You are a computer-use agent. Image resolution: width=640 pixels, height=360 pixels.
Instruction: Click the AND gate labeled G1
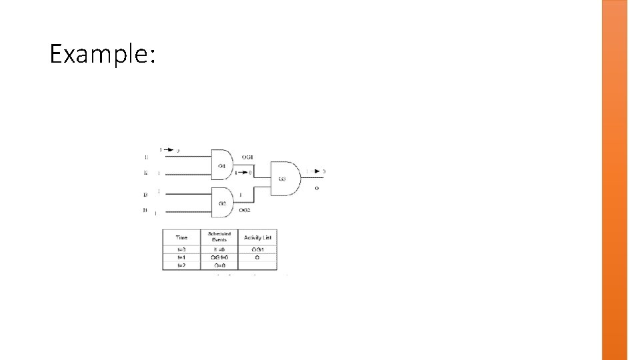(x=223, y=163)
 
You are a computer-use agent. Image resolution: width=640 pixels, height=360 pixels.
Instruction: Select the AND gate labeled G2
(x=223, y=202)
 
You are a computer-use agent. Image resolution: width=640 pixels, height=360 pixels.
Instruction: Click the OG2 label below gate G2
(x=245, y=211)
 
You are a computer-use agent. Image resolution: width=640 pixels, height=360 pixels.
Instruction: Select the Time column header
(x=181, y=237)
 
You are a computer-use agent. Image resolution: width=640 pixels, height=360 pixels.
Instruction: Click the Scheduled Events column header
(x=219, y=237)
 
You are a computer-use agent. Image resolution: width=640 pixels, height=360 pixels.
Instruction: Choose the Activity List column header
(x=257, y=237)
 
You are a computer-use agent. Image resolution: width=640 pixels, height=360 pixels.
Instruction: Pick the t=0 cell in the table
(x=181, y=250)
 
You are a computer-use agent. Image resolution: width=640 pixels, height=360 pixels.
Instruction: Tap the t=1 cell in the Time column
(x=181, y=257)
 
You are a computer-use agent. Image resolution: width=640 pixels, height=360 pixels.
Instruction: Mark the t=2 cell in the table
(x=181, y=265)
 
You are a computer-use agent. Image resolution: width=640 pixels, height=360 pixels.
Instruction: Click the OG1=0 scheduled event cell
(x=219, y=257)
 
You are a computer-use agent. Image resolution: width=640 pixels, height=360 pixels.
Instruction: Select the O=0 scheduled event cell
(x=219, y=265)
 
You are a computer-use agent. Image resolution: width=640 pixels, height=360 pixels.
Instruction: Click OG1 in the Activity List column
(x=257, y=250)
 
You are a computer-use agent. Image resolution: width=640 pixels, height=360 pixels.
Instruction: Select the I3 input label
(x=145, y=195)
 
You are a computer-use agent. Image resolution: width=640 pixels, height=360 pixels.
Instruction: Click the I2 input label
(x=145, y=173)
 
